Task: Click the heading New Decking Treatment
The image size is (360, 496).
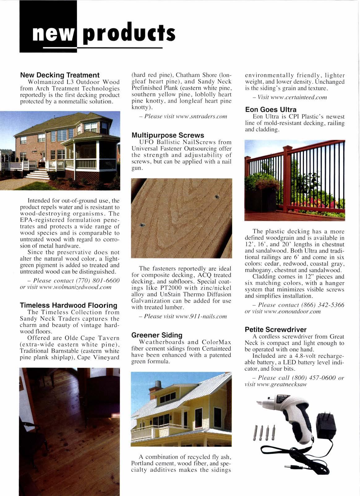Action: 60,75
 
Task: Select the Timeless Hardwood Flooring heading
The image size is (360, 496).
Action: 69,305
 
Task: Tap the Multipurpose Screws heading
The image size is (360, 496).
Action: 168,135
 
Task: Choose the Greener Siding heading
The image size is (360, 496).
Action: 157,335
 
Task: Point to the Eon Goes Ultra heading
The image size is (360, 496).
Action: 271,110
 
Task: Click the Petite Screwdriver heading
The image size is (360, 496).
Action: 275,329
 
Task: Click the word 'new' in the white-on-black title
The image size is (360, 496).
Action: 53,34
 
